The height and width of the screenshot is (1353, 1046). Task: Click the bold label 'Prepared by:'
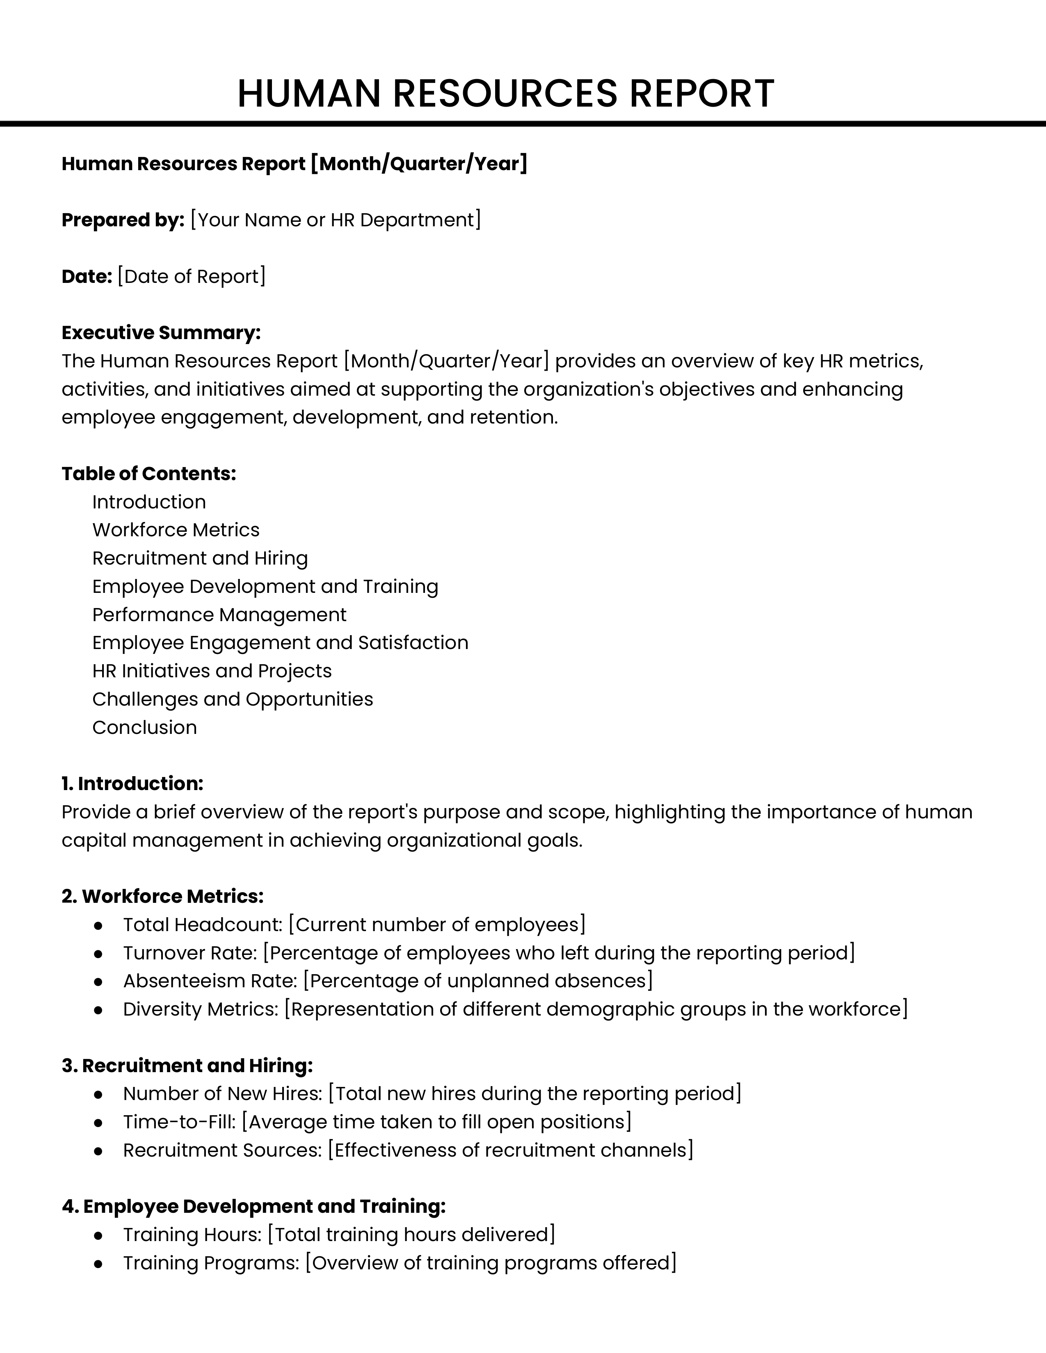[x=123, y=220]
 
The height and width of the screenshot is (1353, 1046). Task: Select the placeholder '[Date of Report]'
[x=191, y=276]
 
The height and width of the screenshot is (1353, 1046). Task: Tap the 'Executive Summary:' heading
[x=161, y=333]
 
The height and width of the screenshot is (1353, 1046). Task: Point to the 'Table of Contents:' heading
[x=149, y=473]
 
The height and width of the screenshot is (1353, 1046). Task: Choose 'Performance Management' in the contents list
[x=219, y=615]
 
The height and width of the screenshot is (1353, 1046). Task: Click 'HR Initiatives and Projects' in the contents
[x=212, y=671]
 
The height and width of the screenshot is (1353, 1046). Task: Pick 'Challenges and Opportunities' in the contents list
[x=232, y=699]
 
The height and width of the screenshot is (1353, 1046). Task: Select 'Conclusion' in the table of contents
[x=144, y=727]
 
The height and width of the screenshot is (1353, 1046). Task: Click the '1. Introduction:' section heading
[x=132, y=784]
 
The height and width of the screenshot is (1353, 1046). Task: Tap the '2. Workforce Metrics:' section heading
[x=162, y=896]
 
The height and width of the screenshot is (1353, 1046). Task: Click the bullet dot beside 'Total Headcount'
[x=98, y=925]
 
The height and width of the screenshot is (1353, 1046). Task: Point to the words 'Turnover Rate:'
[x=190, y=953]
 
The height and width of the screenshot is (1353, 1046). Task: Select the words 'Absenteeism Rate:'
[x=210, y=981]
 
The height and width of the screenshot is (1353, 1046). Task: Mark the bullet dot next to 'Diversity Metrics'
[x=98, y=1009]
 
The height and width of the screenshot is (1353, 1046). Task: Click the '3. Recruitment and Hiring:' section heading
[x=187, y=1066]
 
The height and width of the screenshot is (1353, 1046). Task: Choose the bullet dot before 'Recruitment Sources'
[x=98, y=1150]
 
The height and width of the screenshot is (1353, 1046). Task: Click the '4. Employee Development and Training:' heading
[x=254, y=1206]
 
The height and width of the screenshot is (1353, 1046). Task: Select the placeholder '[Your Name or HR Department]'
[x=335, y=220]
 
